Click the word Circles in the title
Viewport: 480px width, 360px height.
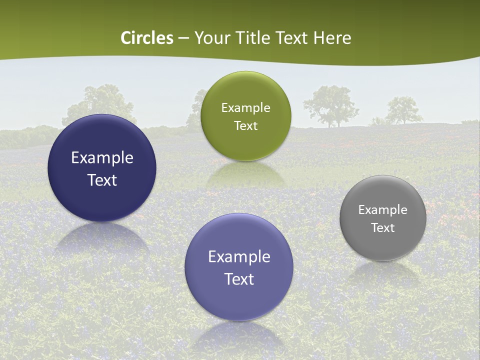pyautogui.click(x=147, y=38)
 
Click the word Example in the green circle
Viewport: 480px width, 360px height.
pyautogui.click(x=245, y=108)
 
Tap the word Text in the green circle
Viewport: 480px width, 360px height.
pyautogui.click(x=245, y=125)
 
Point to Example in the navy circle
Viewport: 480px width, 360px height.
pyautogui.click(x=102, y=158)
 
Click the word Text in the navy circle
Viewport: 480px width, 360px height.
pyautogui.click(x=102, y=180)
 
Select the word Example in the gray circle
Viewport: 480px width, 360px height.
pyautogui.click(x=382, y=210)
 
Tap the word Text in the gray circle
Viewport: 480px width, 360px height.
pyautogui.click(x=382, y=227)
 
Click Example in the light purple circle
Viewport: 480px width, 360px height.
pyautogui.click(x=239, y=257)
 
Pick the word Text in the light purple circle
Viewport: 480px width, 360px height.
pyautogui.click(x=239, y=279)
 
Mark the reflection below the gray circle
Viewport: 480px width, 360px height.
pyautogui.click(x=383, y=272)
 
